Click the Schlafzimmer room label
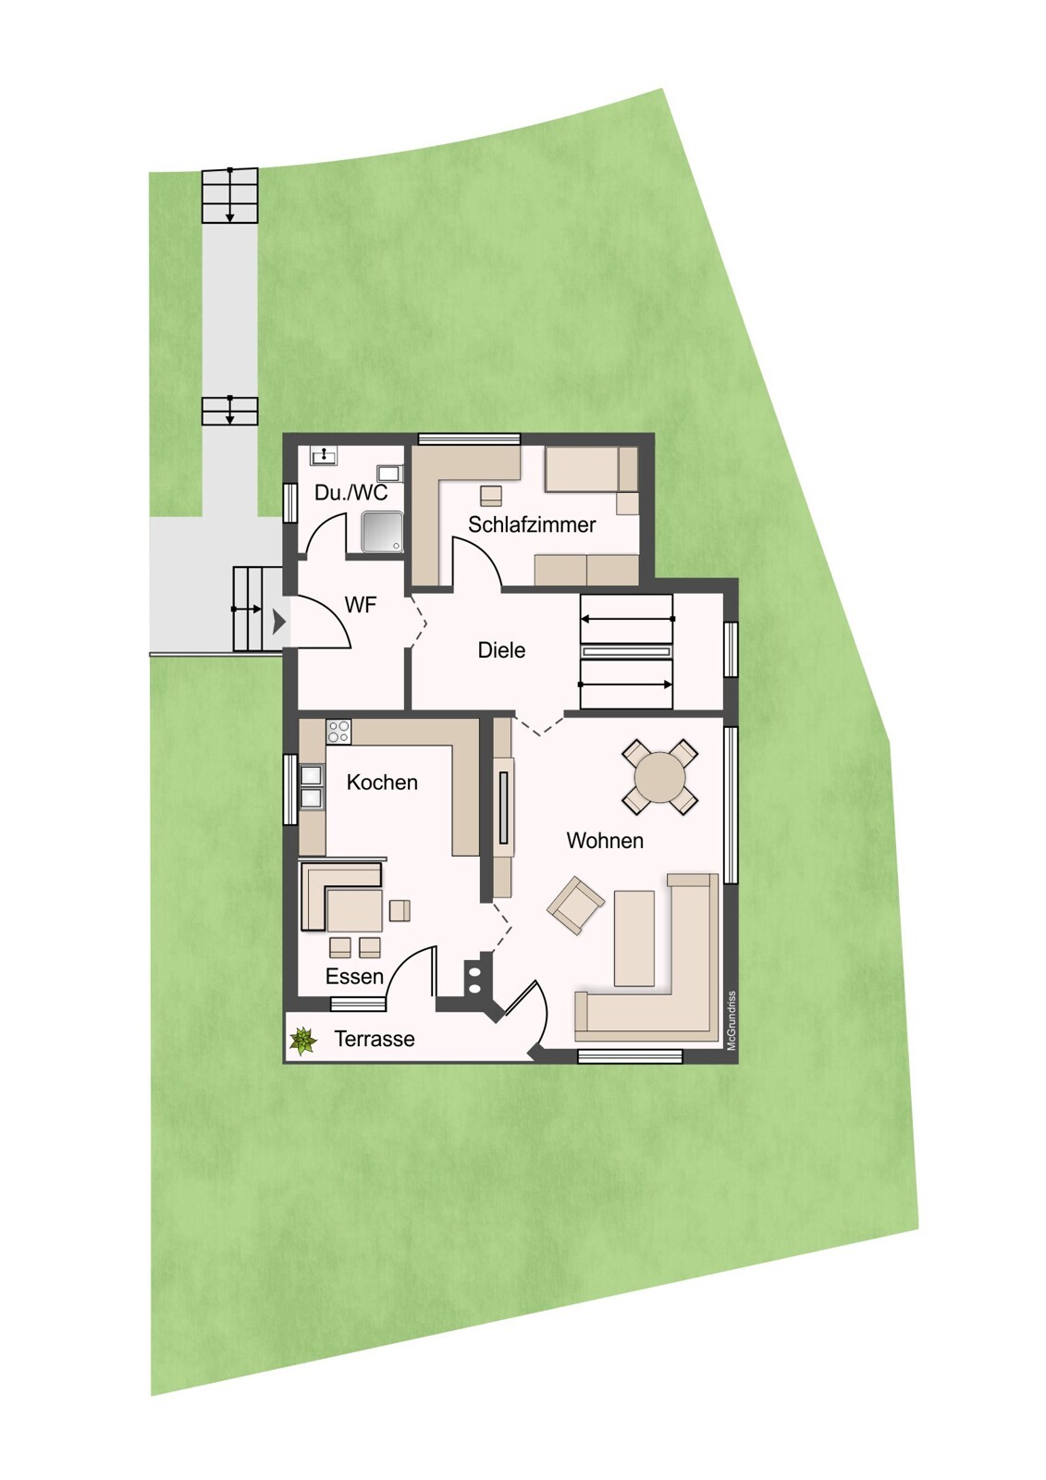click(532, 524)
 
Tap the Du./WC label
click(351, 492)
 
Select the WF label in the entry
click(360, 605)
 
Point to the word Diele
click(501, 650)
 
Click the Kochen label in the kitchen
click(382, 783)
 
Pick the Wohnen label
click(605, 841)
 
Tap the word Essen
click(354, 977)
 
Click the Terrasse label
click(374, 1039)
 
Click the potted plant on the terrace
click(302, 1041)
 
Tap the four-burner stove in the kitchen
click(338, 732)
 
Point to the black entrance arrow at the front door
click(279, 621)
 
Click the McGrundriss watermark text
click(732, 1021)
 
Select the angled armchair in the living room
click(575, 906)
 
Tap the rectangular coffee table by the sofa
click(634, 938)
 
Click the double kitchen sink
click(312, 787)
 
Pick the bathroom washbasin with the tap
click(325, 455)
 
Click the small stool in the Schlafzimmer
click(490, 495)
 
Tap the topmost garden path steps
click(229, 195)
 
